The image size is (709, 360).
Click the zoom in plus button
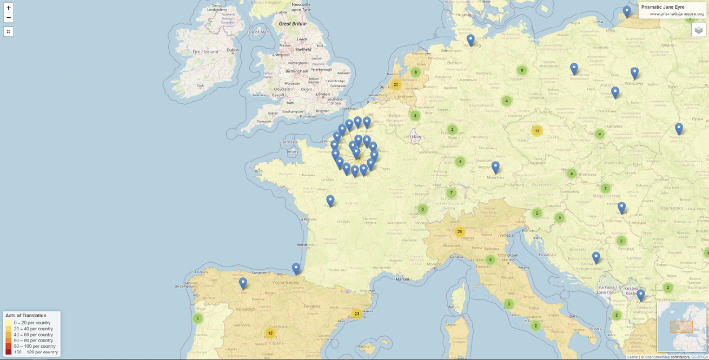9,8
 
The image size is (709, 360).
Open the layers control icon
698,30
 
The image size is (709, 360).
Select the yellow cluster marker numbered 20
396,84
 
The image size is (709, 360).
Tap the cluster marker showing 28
460,232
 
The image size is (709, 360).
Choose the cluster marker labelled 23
356,314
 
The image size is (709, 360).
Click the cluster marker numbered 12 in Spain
270,333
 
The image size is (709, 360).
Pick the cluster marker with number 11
536,131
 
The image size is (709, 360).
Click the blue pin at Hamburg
471,39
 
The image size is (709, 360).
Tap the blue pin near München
495,166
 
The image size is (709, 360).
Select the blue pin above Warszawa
634,72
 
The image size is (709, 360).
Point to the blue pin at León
243,283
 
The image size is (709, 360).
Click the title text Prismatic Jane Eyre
662,7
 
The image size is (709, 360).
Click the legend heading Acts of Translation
26,315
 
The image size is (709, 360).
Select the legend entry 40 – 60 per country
33,335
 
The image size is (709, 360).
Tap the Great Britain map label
293,24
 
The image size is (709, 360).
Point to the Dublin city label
233,50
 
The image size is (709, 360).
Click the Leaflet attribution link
633,357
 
